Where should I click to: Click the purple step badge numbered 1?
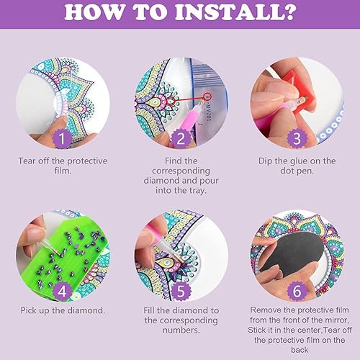(62, 138)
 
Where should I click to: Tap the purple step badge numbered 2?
(181, 138)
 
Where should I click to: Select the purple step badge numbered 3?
(297, 138)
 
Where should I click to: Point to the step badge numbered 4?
(62, 292)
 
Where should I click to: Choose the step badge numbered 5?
(181, 292)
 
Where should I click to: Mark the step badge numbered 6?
(297, 292)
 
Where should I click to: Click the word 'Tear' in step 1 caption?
(27, 161)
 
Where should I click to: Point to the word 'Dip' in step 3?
(265, 161)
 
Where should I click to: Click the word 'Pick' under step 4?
(29, 310)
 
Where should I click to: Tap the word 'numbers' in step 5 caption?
(181, 330)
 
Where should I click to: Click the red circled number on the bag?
(207, 97)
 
